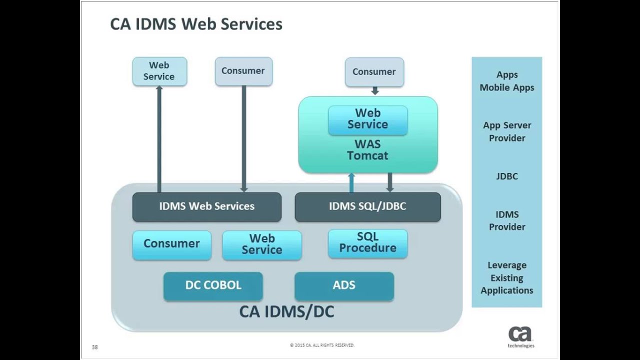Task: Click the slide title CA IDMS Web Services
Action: pos(196,24)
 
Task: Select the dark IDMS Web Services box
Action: pos(206,206)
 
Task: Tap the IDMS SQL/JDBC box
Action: pos(367,206)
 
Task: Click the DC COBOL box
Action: pos(213,285)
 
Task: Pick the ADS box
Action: pos(344,285)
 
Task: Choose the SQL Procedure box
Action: pos(367,243)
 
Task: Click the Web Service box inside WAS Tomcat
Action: pos(367,119)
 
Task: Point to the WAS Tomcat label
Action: pos(367,150)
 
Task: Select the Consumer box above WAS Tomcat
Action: pos(374,72)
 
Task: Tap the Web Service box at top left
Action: pos(159,71)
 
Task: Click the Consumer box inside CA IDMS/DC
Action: pos(171,244)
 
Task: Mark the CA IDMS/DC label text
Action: pos(286,312)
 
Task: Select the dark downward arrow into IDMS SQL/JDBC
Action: pos(390,182)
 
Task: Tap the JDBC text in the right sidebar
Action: pos(506,176)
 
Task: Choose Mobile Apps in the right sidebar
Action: pos(506,88)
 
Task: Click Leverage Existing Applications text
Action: pos(506,278)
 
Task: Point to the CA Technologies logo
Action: pos(520,336)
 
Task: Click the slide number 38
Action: pos(95,347)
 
